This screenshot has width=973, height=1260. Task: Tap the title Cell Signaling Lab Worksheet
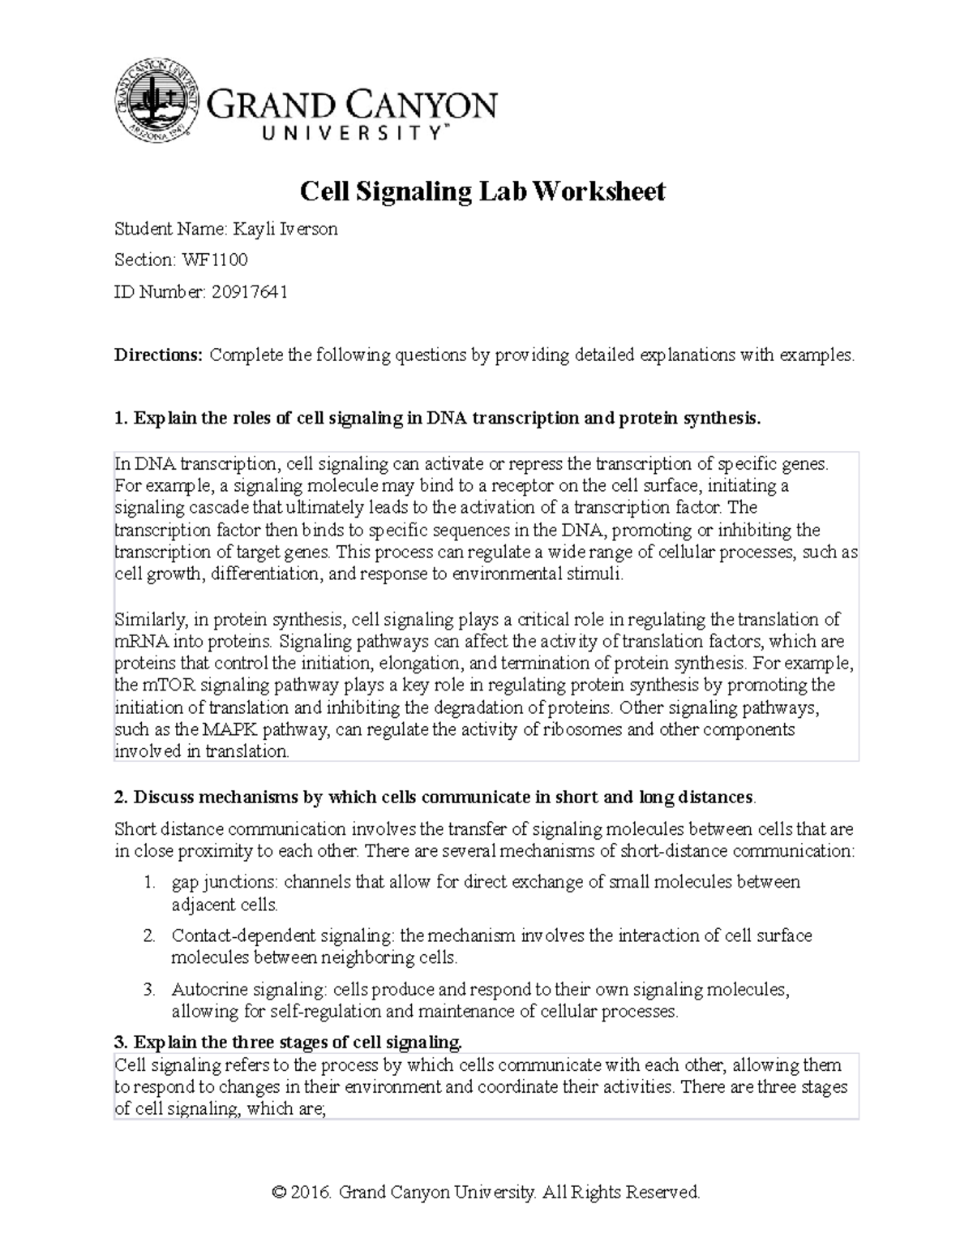[x=482, y=191]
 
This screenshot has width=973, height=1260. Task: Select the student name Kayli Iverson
[x=285, y=229]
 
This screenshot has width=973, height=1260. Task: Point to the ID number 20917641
[x=249, y=291]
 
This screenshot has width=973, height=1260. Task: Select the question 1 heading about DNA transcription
[x=438, y=419]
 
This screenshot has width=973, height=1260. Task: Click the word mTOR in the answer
[x=165, y=685]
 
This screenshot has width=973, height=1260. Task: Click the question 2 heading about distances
[x=435, y=797]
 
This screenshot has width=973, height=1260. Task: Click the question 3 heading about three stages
[x=289, y=1043]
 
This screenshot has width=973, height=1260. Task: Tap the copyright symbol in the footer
[x=280, y=1193]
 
